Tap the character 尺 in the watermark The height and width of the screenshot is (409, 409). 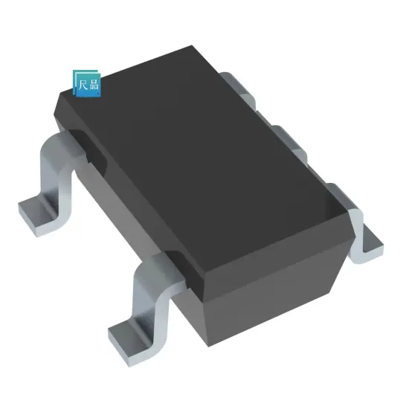pyautogui.click(x=83, y=83)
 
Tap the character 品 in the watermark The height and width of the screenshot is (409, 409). pyautogui.click(x=93, y=83)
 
